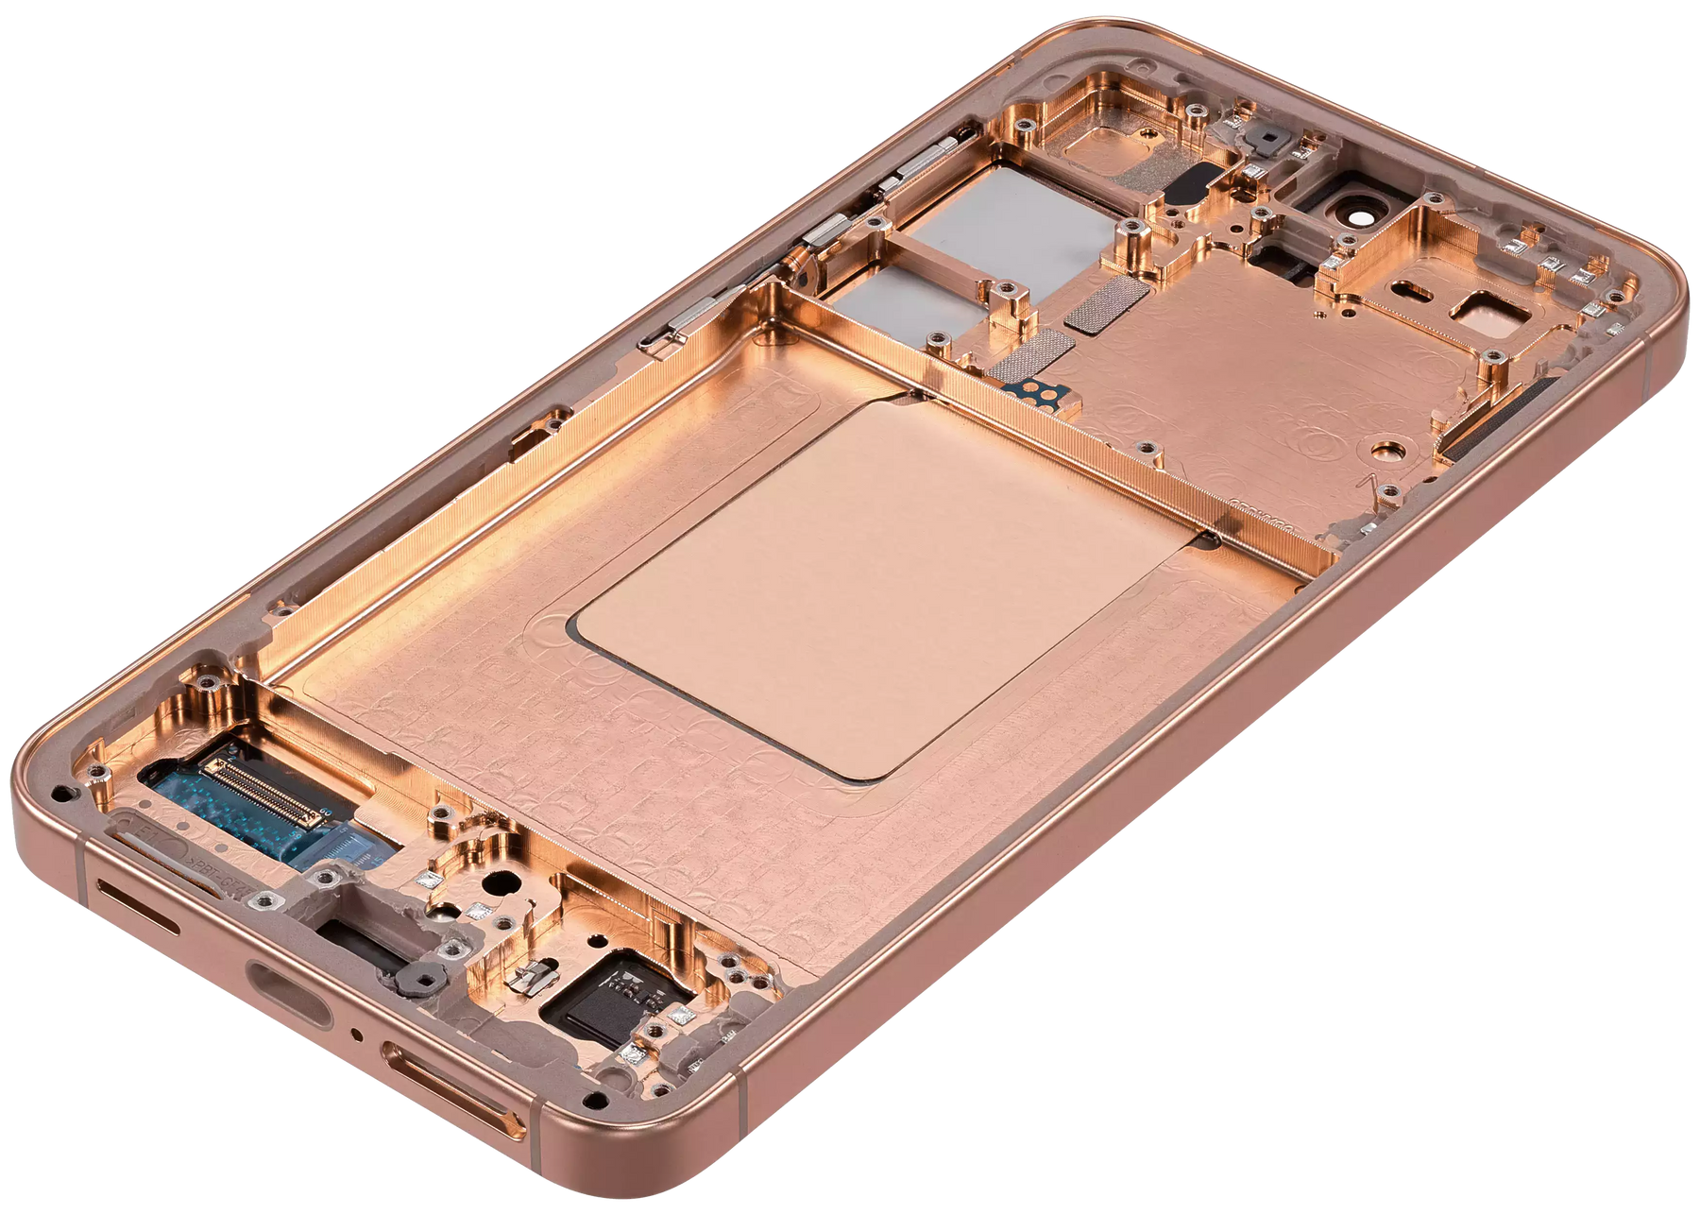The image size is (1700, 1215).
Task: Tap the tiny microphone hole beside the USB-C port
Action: tap(355, 1032)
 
